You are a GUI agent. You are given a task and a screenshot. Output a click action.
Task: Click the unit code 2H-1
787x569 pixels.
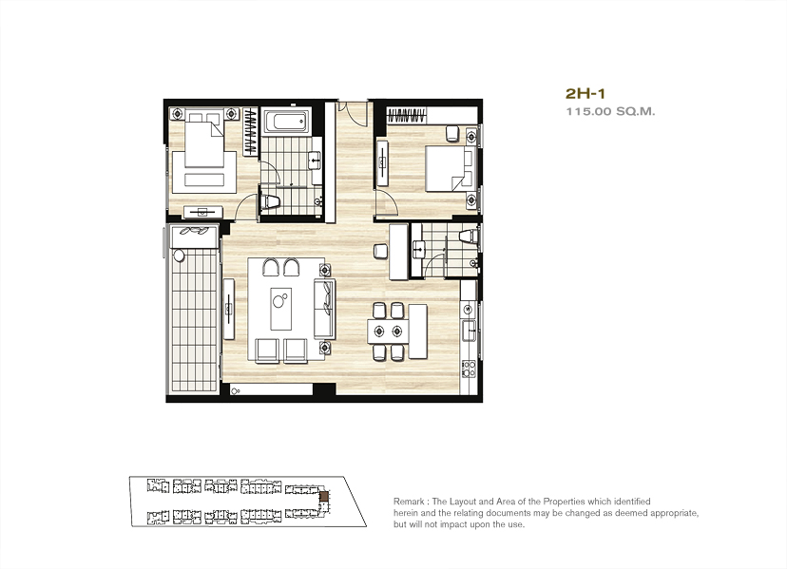585,93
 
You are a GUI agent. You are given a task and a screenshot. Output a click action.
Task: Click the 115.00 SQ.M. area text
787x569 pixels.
610,111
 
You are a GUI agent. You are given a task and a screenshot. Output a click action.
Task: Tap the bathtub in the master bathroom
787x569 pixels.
285,121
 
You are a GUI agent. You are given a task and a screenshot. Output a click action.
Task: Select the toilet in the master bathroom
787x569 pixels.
270,201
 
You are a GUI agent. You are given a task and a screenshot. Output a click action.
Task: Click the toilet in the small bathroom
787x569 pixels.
469,236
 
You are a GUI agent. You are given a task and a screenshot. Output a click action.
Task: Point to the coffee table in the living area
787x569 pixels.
281,309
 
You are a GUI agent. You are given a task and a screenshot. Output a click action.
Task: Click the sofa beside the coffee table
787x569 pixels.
324,309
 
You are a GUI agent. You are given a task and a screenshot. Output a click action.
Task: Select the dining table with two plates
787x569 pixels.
388,332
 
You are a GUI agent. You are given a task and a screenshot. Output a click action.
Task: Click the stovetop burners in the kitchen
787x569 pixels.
469,369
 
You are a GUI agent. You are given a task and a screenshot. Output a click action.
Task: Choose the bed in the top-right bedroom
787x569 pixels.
450,168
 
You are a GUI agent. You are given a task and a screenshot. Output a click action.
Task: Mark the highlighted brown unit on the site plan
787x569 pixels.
325,496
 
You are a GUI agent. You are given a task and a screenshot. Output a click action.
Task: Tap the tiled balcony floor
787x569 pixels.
195,321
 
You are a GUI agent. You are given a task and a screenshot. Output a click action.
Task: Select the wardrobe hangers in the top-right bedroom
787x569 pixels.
407,115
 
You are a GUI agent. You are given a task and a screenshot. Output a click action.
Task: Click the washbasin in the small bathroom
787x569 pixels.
418,248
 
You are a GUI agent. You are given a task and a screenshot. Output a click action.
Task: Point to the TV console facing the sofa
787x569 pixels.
229,309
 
